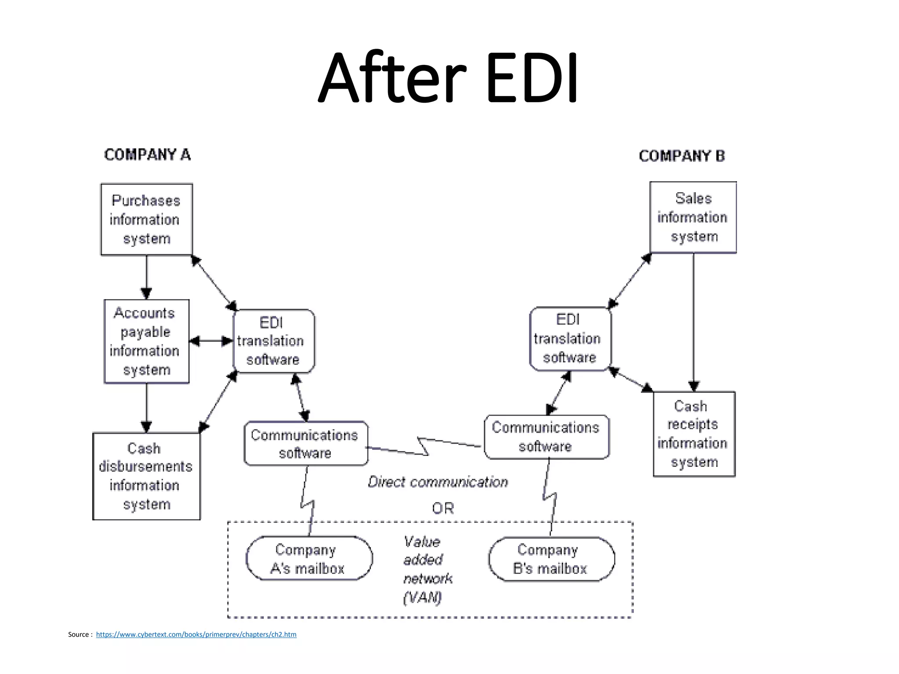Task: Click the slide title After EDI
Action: (x=449, y=78)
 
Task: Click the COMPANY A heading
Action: (x=147, y=155)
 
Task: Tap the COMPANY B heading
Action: (x=682, y=156)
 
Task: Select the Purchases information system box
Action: (x=147, y=219)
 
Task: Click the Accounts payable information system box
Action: (x=147, y=341)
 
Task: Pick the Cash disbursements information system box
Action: (x=147, y=476)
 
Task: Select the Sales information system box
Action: (x=693, y=217)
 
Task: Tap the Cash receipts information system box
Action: (x=694, y=434)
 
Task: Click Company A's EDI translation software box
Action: (x=273, y=341)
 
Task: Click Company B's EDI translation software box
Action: (x=570, y=339)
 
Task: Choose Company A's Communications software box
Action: (x=306, y=444)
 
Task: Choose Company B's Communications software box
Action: (x=546, y=437)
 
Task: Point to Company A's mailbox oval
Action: (x=309, y=559)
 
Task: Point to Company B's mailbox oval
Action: (x=551, y=559)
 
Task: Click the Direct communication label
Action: (x=438, y=482)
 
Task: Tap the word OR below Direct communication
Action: (x=442, y=508)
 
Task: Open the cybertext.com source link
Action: (x=196, y=635)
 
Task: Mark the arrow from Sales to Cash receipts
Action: (x=694, y=323)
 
